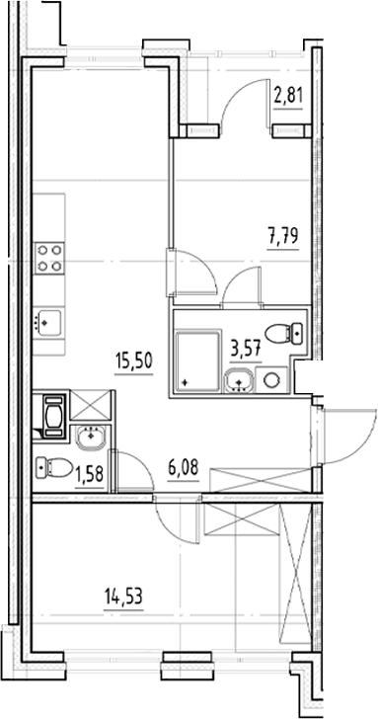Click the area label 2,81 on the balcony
pyautogui.click(x=288, y=98)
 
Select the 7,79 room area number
pyautogui.click(x=283, y=237)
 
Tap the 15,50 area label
pyautogui.click(x=134, y=361)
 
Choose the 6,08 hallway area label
pyautogui.click(x=184, y=470)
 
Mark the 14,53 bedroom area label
pyautogui.click(x=123, y=598)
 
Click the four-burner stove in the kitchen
pyautogui.click(x=49, y=258)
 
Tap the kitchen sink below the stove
pyautogui.click(x=49, y=322)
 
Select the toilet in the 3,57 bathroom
pyautogui.click(x=284, y=334)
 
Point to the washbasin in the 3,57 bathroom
pyautogui.click(x=238, y=380)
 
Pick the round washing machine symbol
pyautogui.click(x=271, y=380)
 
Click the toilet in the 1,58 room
pyautogui.click(x=54, y=467)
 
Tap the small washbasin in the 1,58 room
pyautogui.click(x=91, y=437)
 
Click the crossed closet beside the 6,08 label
pyautogui.click(x=261, y=481)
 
